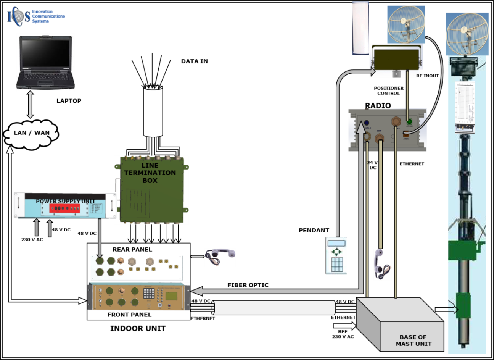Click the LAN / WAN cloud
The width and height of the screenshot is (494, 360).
tap(31, 133)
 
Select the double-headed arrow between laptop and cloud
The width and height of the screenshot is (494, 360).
tap(30, 105)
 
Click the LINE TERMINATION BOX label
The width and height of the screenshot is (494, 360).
tap(150, 173)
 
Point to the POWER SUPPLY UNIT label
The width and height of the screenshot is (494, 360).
tap(65, 201)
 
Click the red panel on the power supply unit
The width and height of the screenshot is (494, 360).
tap(64, 208)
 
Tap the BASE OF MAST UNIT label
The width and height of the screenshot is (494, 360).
tap(414, 340)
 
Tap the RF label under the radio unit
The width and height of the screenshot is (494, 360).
tap(419, 76)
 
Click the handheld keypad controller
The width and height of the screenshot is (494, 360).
tap(336, 256)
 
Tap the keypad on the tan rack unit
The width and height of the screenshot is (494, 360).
tap(149, 293)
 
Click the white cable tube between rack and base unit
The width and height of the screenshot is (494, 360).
tap(274, 308)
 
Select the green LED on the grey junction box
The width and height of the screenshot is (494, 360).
tap(409, 122)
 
